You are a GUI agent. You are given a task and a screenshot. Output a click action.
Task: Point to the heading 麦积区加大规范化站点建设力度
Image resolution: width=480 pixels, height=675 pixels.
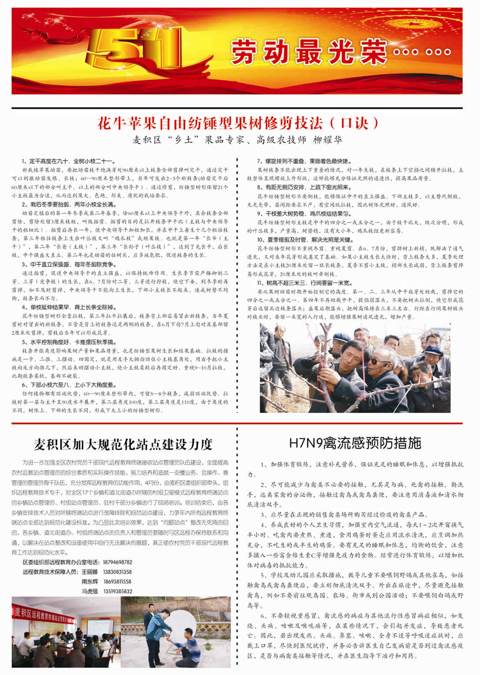123,444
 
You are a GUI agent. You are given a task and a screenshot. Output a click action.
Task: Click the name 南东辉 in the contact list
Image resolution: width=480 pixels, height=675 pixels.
90,581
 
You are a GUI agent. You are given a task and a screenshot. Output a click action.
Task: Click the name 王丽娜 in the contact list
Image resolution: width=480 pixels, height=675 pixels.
90,572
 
